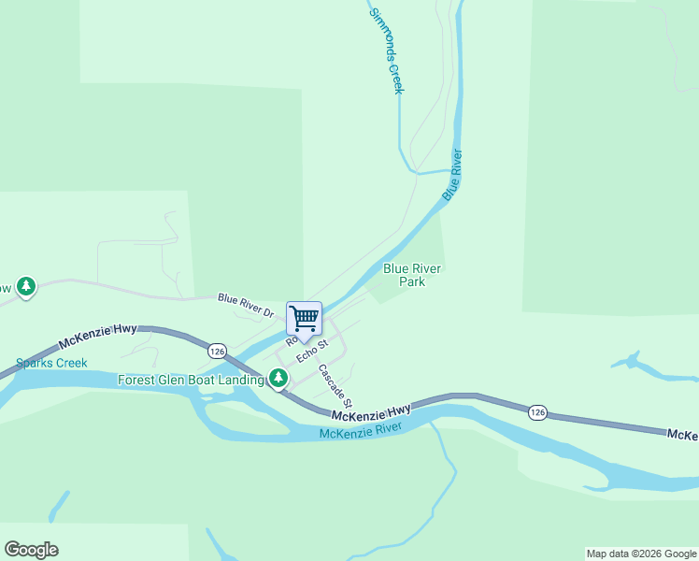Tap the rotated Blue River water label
tap(452, 174)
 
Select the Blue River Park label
tap(412, 275)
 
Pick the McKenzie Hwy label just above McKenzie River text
tap(371, 411)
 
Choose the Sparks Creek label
tap(51, 363)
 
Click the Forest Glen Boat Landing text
tap(191, 380)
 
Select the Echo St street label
tap(313, 351)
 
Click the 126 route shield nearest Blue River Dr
tap(217, 351)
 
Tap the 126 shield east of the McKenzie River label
tap(536, 412)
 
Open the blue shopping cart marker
tap(305, 320)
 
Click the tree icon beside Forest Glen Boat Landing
tap(278, 378)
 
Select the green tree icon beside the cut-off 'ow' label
tap(26, 286)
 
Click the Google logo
tap(31, 550)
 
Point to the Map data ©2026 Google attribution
tap(641, 554)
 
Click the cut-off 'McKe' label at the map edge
tap(682, 435)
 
